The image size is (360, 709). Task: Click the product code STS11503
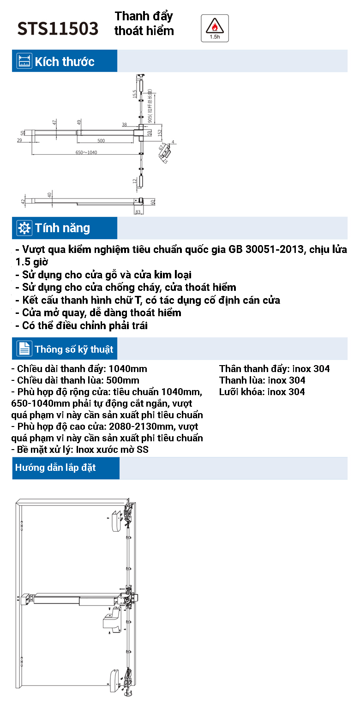click(x=58, y=29)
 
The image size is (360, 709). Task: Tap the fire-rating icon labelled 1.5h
click(x=215, y=27)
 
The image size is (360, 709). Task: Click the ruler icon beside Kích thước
click(x=24, y=61)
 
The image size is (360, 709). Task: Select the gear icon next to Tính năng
click(x=24, y=228)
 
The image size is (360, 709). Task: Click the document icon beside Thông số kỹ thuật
click(x=24, y=348)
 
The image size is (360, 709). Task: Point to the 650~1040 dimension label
click(x=87, y=152)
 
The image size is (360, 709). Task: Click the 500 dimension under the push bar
click(x=101, y=140)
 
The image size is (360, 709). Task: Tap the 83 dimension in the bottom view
click(x=137, y=212)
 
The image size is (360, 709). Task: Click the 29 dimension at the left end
click(x=19, y=140)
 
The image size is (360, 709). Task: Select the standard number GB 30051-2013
click(x=267, y=250)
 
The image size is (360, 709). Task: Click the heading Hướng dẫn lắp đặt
click(x=55, y=468)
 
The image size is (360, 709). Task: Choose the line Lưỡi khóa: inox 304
click(x=262, y=392)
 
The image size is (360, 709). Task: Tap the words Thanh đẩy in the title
click(x=144, y=17)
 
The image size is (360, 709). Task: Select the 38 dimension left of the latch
click(x=125, y=125)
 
